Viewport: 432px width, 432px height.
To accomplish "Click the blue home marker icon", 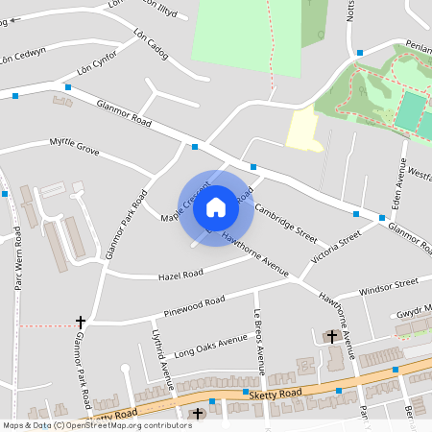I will (216, 206).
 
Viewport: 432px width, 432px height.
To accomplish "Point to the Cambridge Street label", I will (286, 221).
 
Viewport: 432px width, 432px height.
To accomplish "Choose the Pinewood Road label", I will (195, 306).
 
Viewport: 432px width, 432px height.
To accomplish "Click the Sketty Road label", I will (275, 394).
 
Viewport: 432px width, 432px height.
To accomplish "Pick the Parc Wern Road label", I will (18, 268).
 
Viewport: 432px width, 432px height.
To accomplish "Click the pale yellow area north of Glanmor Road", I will (304, 130).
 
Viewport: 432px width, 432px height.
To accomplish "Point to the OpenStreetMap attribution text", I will (97, 424).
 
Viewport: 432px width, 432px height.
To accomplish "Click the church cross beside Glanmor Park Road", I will (81, 323).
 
